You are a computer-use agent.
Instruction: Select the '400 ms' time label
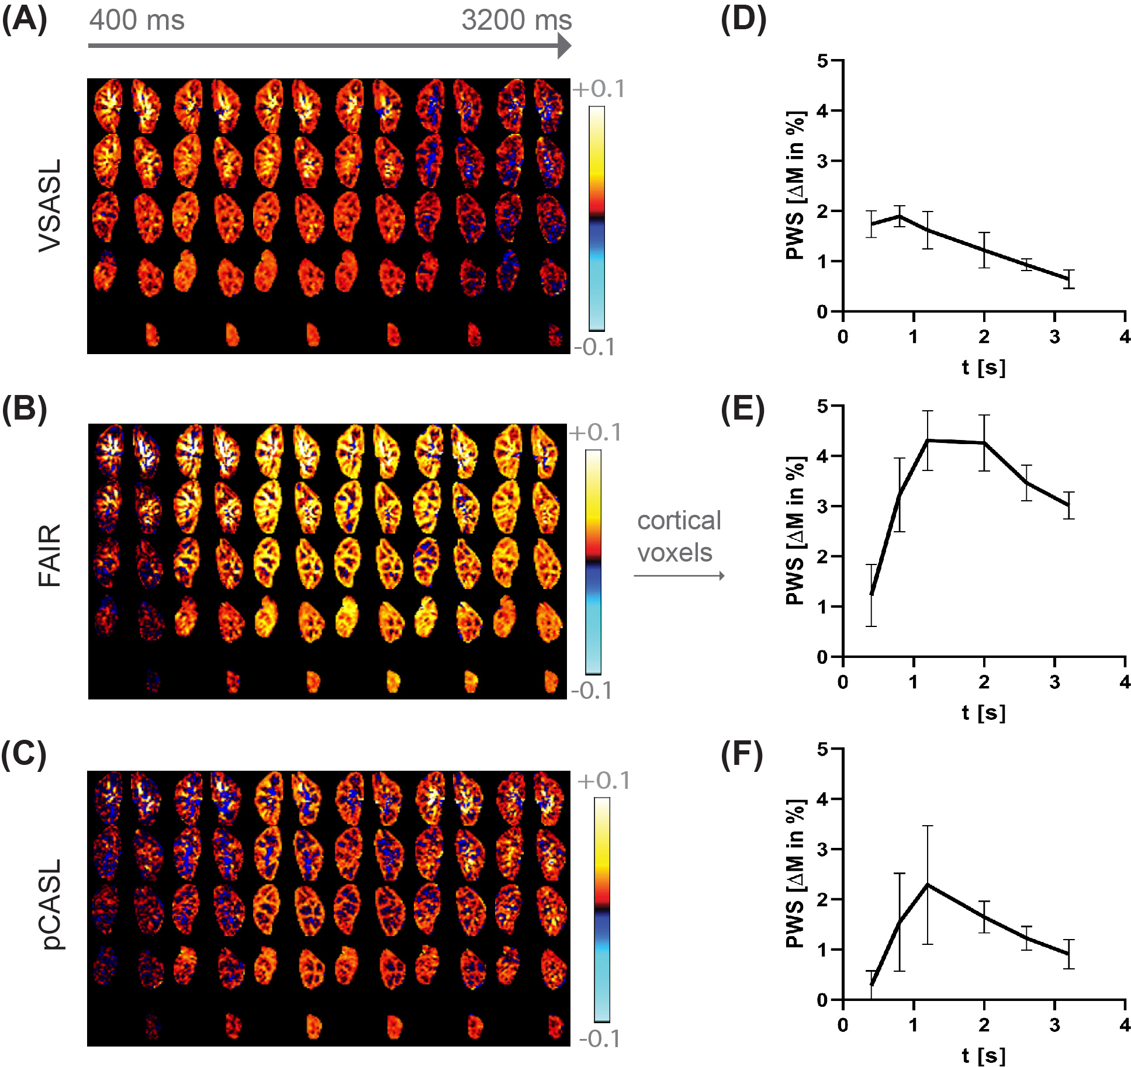137,20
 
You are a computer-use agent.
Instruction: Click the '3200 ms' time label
516,20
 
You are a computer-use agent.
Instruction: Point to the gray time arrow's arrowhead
564,46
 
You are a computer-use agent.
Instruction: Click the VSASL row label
50,206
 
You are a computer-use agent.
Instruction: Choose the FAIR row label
50,555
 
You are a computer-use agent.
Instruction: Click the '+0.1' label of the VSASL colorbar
599,89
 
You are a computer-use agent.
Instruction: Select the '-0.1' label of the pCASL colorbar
600,1038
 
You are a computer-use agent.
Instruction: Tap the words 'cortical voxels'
679,536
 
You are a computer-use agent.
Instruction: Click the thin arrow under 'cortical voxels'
679,576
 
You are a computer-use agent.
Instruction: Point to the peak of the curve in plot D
899,216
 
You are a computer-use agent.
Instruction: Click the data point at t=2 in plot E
984,443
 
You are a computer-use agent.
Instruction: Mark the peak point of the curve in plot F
928,885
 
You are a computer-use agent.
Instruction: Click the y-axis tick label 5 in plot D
822,61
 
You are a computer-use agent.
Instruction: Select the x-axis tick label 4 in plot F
1125,1025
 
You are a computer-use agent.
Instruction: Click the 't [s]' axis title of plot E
984,712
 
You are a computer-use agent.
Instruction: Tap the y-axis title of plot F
795,874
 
